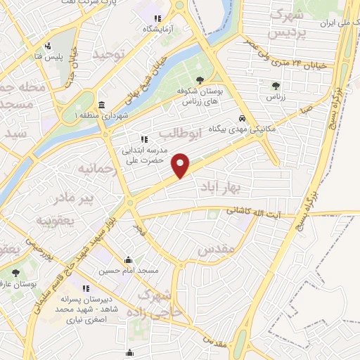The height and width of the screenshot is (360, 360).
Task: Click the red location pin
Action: pos(181,165)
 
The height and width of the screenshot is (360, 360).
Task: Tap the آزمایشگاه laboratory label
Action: pos(158,29)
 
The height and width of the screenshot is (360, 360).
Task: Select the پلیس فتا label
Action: pos(51,56)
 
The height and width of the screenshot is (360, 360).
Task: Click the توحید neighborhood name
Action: pos(112,53)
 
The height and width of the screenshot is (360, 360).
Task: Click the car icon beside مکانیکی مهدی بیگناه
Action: pos(242,119)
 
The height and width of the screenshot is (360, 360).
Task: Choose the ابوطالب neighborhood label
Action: pos(182,133)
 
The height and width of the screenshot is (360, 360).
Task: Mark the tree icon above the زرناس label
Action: pos(275,86)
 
